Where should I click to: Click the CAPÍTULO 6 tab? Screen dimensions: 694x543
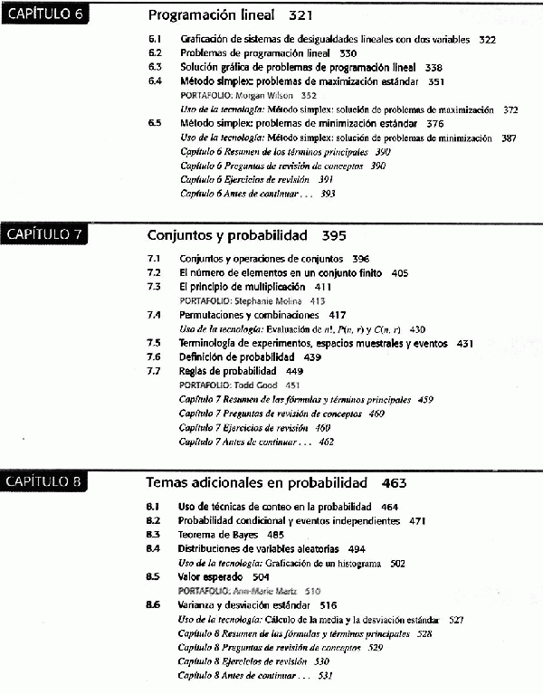click(x=44, y=16)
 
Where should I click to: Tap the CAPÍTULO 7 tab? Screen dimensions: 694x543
click(x=44, y=236)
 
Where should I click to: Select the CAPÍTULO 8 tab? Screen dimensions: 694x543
click(x=44, y=481)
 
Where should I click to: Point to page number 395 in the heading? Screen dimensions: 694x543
click(x=333, y=236)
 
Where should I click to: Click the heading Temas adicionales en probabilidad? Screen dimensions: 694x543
click(x=257, y=482)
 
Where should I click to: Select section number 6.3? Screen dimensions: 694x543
click(x=155, y=67)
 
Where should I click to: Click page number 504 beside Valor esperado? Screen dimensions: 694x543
click(x=261, y=575)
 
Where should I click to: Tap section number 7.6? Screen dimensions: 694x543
click(x=154, y=357)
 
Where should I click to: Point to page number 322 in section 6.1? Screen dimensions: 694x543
click(x=488, y=40)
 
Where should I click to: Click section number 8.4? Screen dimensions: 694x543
click(x=154, y=548)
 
